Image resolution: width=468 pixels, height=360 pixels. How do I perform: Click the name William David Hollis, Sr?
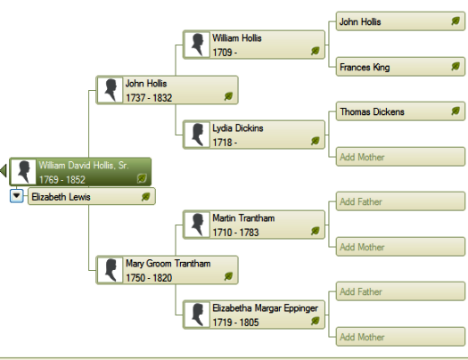84,166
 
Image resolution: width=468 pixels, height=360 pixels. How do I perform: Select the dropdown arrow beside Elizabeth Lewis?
16,196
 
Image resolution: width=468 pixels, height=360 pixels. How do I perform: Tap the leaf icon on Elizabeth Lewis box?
145,197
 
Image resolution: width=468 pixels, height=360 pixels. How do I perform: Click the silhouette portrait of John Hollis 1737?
111,90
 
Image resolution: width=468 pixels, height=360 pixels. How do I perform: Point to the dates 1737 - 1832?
149,98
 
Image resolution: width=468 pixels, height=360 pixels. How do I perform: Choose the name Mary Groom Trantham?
168,264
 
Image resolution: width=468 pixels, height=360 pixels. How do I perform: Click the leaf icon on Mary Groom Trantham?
228,276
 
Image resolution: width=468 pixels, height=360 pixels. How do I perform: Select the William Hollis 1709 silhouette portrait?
197,45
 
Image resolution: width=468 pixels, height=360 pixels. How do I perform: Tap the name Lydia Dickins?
238,128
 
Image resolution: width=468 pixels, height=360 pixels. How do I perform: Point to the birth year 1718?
222,143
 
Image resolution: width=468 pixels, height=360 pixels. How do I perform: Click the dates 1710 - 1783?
235,233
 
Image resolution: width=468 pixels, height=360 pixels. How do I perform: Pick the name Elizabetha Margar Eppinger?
265,308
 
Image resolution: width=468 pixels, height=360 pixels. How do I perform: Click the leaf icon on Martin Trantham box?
316,231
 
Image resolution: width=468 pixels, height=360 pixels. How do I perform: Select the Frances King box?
400,67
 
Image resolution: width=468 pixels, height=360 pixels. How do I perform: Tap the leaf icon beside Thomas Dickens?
456,111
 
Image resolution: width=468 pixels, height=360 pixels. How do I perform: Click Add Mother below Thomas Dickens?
400,157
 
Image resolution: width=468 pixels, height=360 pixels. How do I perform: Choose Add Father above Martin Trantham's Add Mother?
400,201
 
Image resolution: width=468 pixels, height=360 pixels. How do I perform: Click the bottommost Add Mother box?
400,337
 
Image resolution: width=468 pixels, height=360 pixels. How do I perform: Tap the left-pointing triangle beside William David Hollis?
4,170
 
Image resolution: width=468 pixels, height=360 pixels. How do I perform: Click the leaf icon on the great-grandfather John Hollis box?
456,20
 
